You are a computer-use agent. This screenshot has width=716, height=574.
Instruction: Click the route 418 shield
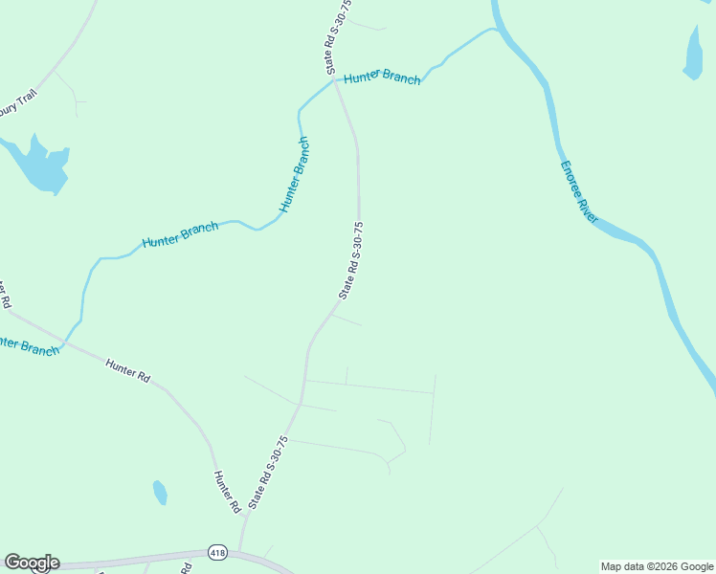[x=217, y=554]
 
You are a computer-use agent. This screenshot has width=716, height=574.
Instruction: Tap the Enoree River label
[x=579, y=192]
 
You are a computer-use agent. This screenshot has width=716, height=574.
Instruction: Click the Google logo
[x=32, y=563]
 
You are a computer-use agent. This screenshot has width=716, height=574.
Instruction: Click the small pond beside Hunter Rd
[x=160, y=492]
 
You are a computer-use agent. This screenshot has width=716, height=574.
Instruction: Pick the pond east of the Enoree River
[x=693, y=52]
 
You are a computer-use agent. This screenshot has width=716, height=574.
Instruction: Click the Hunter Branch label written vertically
[x=295, y=175]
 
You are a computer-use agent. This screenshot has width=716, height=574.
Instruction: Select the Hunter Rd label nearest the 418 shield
[x=226, y=492]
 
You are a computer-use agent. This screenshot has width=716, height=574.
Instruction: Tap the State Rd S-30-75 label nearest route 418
[x=268, y=473]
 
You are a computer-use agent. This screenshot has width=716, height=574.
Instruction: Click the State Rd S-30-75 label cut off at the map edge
[x=338, y=36]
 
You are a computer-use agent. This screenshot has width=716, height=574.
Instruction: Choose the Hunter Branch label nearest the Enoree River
[x=382, y=77]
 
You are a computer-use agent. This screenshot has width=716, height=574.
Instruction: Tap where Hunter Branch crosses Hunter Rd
[x=65, y=341]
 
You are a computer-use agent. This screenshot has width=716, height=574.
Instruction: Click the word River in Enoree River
[x=587, y=209]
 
